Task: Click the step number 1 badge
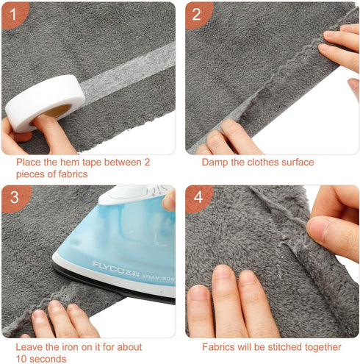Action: coord(13,13)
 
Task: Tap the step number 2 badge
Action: coord(196,13)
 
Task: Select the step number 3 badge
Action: coord(13,196)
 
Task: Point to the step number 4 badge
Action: coord(196,196)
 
